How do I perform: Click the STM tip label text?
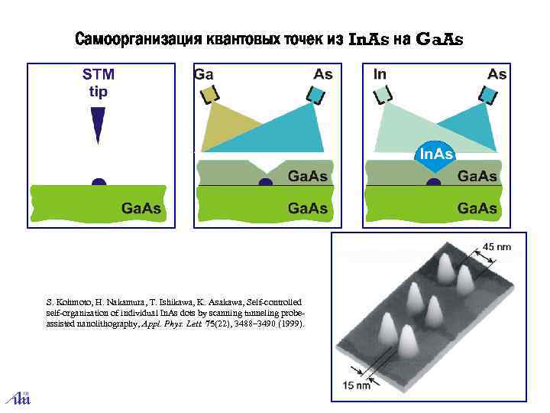coord(99,83)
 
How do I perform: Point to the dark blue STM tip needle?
coord(98,123)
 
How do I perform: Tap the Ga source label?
coord(203,74)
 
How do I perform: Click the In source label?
coord(380,74)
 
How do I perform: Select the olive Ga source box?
coord(209,94)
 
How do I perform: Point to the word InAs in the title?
coord(368,39)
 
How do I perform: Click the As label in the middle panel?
coord(323,74)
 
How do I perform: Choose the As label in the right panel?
coord(497,74)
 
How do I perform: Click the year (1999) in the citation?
coord(290,324)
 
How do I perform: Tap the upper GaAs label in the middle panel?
coord(307,177)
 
